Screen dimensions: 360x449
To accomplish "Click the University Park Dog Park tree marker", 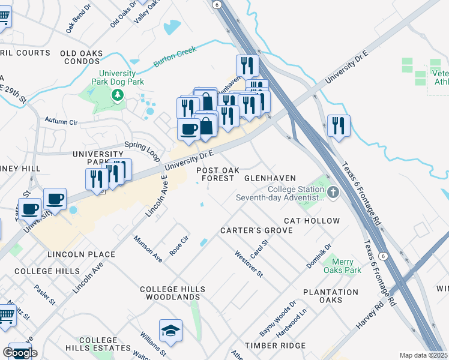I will pyautogui.click(x=118, y=94).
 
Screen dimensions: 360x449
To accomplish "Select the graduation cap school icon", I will pyautogui.click(x=170, y=331).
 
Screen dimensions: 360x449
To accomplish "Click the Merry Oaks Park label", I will pyautogui.click(x=342, y=266).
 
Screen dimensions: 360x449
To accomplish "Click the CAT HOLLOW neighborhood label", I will pyautogui.click(x=312, y=221).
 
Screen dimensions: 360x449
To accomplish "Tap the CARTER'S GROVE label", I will pyautogui.click(x=256, y=230).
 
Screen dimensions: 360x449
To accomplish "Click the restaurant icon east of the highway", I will pyautogui.click(x=339, y=126).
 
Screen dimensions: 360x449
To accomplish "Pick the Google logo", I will pyautogui.click(x=20, y=353).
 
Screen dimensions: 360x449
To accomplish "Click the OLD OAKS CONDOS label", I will pyautogui.click(x=82, y=58).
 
